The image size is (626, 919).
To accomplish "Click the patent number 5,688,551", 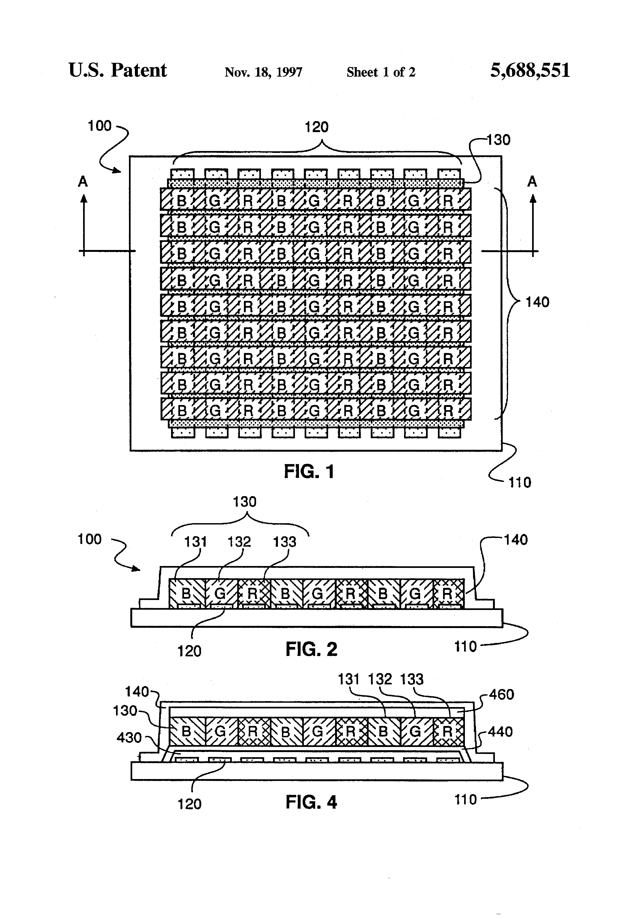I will pos(530,70).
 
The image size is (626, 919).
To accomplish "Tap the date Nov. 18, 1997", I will pos(264,72).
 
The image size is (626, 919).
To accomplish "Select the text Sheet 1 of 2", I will pos(381,72).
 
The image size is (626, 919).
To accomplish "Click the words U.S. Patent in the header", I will pos(118,70).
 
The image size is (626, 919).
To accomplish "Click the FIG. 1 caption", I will pos(309,471).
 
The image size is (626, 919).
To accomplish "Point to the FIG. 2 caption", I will pos(311,649).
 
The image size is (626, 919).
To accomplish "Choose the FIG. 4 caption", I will pos(311,802).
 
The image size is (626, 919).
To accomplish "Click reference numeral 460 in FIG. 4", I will pos(501,694).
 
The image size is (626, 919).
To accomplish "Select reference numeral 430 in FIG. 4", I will pos(129,737).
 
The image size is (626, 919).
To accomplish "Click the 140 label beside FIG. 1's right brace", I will pos(537,302).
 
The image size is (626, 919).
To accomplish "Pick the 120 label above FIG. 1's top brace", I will pos(316,127).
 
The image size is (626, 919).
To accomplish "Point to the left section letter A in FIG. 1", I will pos(83,181).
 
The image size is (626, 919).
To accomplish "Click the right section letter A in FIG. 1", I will pos(532,181).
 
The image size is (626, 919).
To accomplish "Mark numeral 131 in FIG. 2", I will pos(195,541).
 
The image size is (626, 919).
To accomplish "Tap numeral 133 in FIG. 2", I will pos(284,541).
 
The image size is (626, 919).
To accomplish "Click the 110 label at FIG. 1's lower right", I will pos(520,482).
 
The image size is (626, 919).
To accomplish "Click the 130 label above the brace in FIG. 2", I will pos(244,502).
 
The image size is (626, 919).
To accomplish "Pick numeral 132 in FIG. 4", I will pos(380,679).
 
